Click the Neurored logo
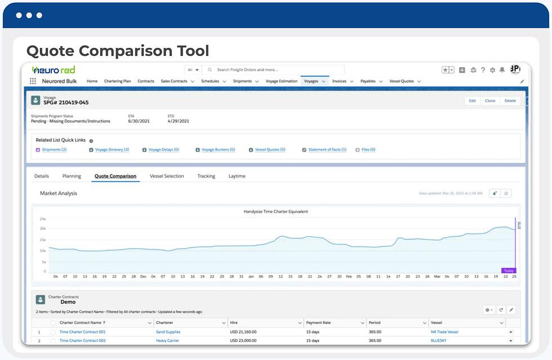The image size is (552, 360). tap(54, 70)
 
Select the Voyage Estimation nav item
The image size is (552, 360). tap(281, 81)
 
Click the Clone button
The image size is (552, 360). tap(490, 101)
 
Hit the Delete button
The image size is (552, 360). tap(510, 101)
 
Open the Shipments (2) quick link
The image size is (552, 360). tap(54, 150)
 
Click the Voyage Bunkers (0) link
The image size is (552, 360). tap(218, 150)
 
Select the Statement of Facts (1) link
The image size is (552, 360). tap(327, 150)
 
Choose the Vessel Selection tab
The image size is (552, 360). tap(167, 176)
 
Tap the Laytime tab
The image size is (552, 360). tap(237, 176)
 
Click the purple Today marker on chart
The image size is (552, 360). tap(509, 271)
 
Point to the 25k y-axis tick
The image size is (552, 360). tap(42, 218)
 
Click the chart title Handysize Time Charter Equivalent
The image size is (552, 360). tap(275, 212)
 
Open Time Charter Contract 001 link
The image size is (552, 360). tap(82, 332)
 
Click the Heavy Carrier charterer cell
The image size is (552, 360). tap(168, 340)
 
